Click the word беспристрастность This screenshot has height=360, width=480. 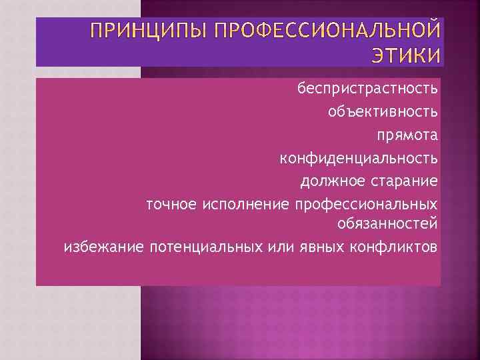(368, 89)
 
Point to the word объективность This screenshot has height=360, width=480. (383, 111)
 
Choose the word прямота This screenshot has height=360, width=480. (408, 135)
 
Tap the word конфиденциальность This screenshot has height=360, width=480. (359, 158)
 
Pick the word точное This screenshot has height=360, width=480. (171, 203)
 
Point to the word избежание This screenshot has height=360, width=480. (103, 248)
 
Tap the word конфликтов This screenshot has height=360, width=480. (393, 248)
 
